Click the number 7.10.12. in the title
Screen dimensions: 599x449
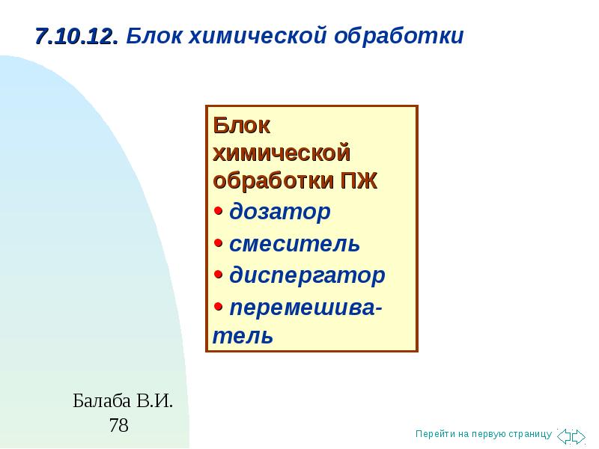(77, 37)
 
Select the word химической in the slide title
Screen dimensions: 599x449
(258, 35)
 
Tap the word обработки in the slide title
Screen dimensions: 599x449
(399, 36)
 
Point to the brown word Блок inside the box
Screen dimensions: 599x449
(241, 125)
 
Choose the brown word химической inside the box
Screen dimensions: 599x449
(282, 153)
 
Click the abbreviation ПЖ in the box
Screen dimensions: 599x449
(359, 180)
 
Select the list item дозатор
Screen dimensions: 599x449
(279, 212)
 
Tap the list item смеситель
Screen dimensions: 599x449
(294, 244)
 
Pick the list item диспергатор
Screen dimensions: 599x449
(307, 275)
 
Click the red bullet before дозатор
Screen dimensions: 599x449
(218, 210)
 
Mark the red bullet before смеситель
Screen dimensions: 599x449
(218, 242)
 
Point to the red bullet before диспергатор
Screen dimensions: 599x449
(218, 274)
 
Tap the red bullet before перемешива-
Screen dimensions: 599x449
(218, 306)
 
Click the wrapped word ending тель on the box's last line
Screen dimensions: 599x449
(243, 336)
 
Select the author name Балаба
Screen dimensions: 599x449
(102, 401)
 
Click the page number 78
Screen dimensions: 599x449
(119, 425)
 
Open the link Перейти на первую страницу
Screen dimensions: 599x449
(484, 434)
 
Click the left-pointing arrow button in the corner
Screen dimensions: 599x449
(564, 436)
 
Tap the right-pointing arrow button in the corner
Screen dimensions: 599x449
(578, 436)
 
